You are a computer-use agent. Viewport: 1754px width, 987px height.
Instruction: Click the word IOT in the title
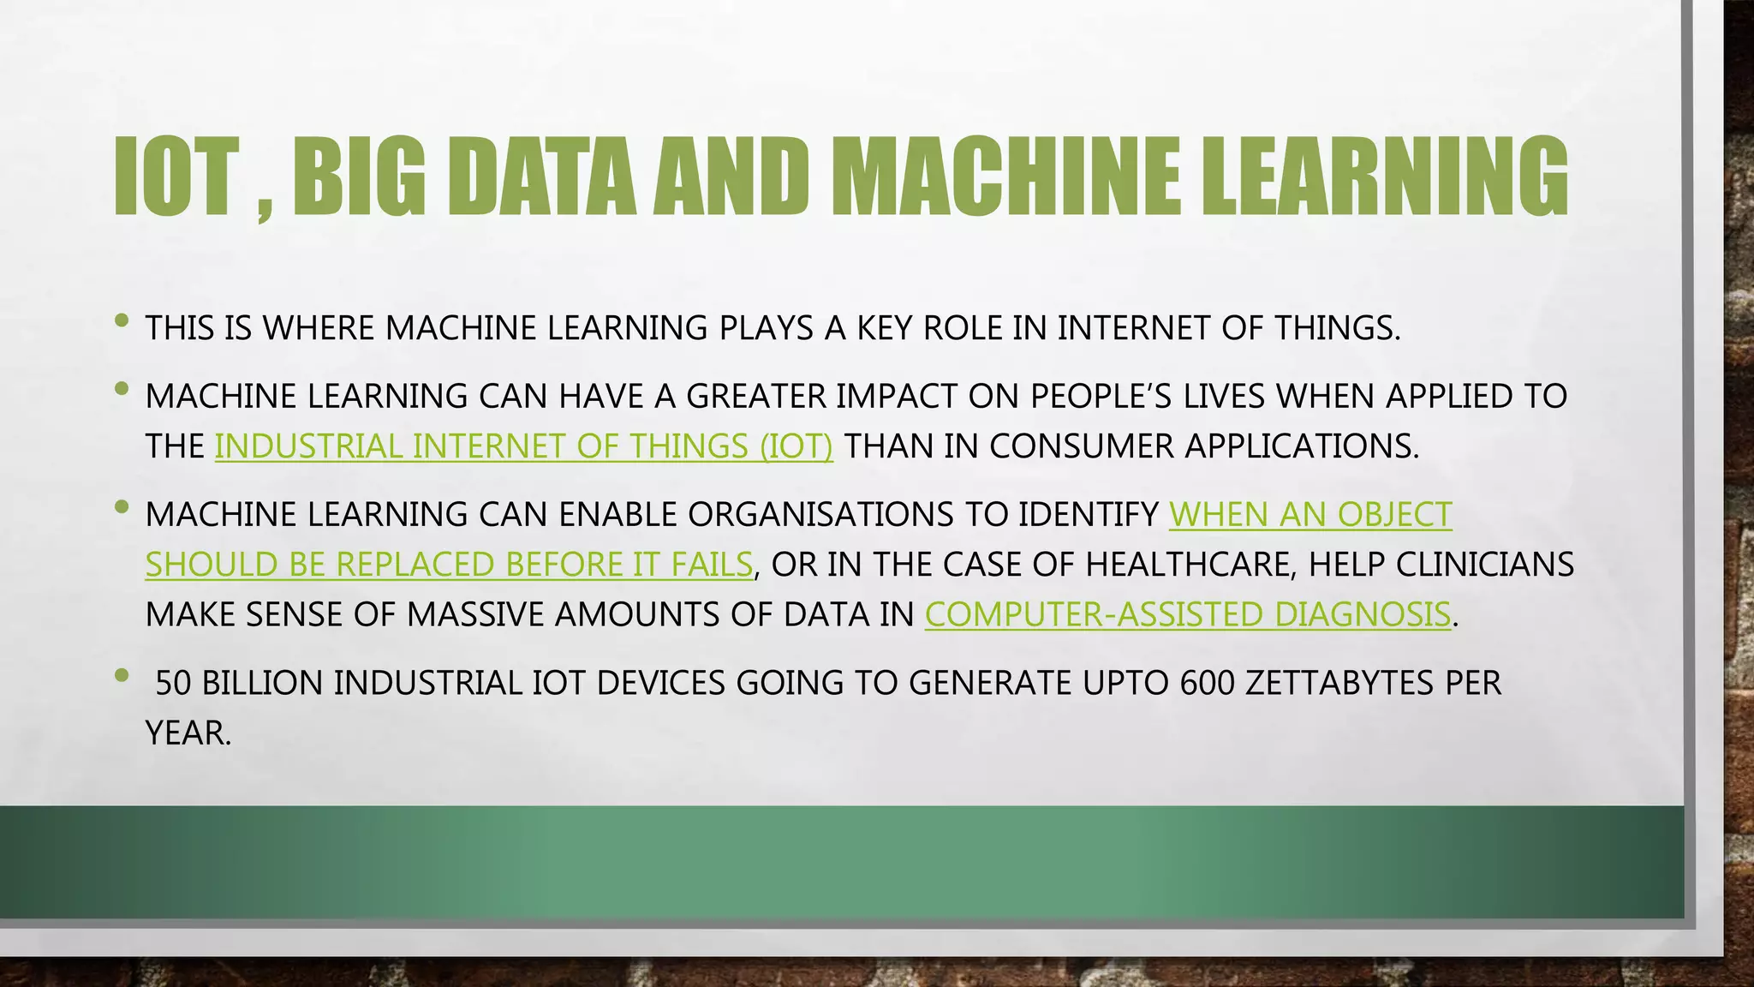coord(176,176)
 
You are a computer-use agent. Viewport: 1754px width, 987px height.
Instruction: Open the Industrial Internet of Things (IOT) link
coord(523,446)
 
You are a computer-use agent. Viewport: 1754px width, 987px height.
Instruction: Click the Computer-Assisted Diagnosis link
coord(1188,615)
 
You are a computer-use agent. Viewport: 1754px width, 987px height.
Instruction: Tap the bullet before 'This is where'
coord(122,321)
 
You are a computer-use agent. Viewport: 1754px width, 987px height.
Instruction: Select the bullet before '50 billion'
coord(122,675)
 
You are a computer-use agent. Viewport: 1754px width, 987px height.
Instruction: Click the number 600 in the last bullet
coord(1207,683)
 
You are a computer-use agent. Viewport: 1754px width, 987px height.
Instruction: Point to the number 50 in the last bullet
coord(173,683)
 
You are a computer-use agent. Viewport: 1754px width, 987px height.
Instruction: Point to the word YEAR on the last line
coord(188,733)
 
